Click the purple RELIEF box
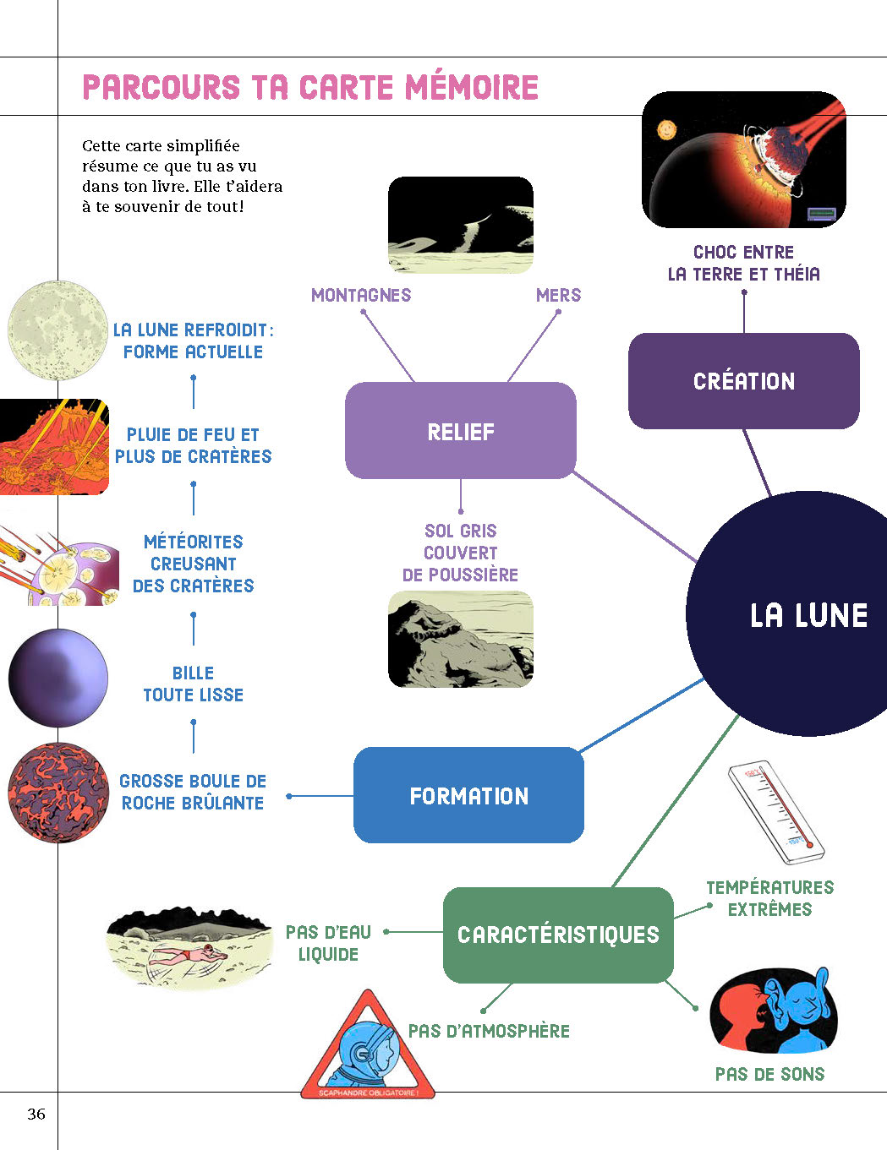(461, 431)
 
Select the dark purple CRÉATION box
(744, 381)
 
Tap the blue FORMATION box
(468, 795)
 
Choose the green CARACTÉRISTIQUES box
(558, 935)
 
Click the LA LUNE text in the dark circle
(808, 615)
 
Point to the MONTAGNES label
(361, 295)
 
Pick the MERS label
(558, 295)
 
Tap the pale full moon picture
(57, 330)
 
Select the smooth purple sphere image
(58, 678)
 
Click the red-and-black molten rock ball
(58, 793)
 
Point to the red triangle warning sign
(368, 1048)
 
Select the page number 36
(36, 1114)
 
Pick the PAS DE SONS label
(769, 1074)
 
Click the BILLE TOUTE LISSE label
(193, 684)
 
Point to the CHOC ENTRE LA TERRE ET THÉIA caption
(743, 263)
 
